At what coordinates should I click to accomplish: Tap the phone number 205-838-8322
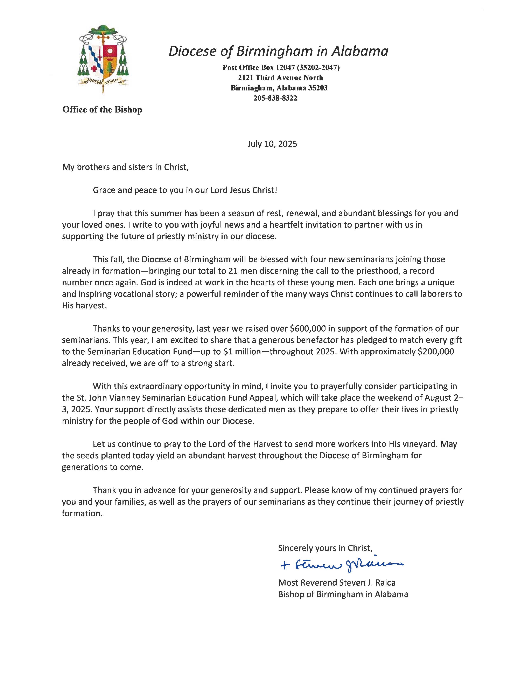pos(275,98)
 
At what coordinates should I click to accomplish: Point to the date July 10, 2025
pos(272,144)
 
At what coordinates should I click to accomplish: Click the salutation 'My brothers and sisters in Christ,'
pos(125,167)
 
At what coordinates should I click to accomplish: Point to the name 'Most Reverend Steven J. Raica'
pos(337,583)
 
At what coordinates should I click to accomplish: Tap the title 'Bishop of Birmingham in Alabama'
pos(343,594)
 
